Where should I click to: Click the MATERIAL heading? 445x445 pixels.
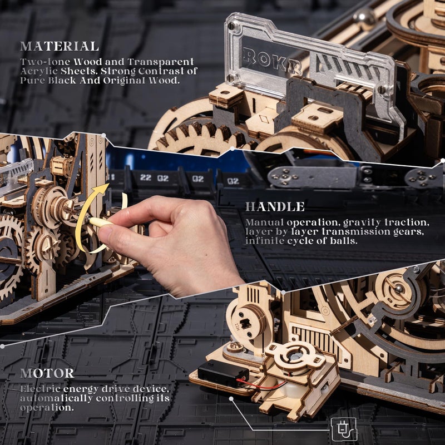(59, 47)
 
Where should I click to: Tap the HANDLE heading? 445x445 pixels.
(275, 207)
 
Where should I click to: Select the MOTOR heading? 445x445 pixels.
(47, 373)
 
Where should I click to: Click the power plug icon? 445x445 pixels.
(344, 429)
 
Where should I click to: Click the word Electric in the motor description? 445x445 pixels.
(39, 388)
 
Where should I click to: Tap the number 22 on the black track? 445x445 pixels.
(146, 178)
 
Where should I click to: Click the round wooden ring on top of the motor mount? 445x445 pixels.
(295, 354)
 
